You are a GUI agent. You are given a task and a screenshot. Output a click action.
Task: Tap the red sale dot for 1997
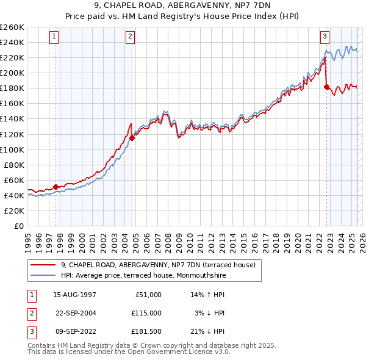(x=56, y=187)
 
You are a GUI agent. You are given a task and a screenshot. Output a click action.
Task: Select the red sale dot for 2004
(x=132, y=138)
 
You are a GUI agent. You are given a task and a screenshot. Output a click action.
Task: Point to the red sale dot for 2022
(x=326, y=87)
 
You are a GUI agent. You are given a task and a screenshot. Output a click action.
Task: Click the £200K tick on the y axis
(x=12, y=73)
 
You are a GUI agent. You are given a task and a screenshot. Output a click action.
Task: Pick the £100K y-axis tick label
(x=12, y=149)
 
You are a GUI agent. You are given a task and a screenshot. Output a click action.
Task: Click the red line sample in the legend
(x=43, y=264)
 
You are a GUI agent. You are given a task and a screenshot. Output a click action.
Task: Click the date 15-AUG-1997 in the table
(x=74, y=295)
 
